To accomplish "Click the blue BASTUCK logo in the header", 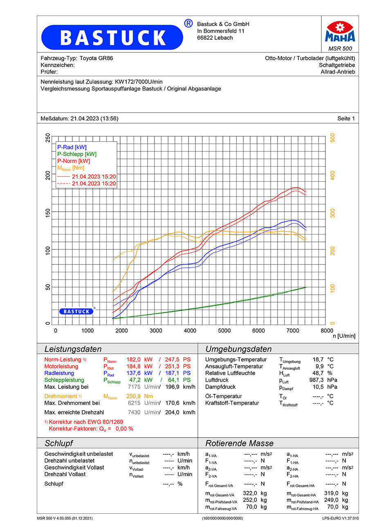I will click(x=112, y=37).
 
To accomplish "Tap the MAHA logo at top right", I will click(x=340, y=32).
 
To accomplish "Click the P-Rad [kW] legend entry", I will click(x=72, y=147).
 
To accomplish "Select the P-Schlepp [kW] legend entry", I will click(x=76, y=154).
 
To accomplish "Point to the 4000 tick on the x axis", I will click(x=190, y=331).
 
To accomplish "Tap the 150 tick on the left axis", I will click(x=48, y=212).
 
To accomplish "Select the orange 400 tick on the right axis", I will click(x=332, y=175).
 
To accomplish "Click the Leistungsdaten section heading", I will click(x=73, y=349).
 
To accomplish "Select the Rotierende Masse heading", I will click(x=239, y=443).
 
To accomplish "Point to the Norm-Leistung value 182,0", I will click(x=133, y=359).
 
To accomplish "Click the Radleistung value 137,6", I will click(x=133, y=373).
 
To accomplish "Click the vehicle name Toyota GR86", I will click(x=96, y=58).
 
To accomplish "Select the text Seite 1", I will click(x=346, y=119).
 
